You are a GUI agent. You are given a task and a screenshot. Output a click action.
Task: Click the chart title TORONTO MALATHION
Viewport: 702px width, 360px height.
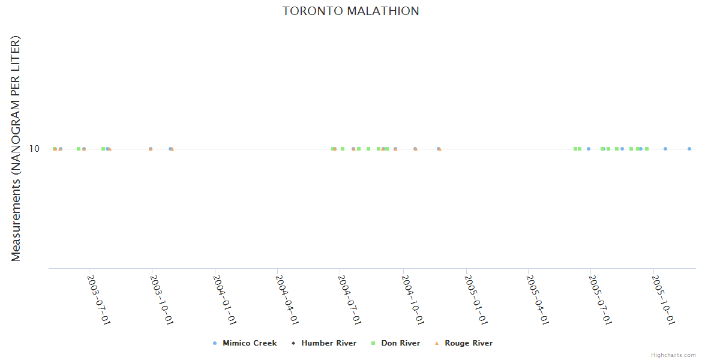[x=350, y=11]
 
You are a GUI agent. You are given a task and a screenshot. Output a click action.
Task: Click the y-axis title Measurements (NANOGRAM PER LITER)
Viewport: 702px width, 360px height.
[x=16, y=148]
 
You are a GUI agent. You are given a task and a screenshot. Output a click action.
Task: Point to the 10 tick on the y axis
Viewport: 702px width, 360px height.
[x=35, y=149]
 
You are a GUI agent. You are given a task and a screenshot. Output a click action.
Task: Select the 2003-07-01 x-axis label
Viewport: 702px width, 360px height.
[x=97, y=300]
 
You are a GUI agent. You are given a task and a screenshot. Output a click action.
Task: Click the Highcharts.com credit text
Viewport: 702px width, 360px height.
[x=673, y=355]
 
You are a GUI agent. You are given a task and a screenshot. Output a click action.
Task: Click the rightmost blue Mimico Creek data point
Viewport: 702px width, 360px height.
[x=689, y=149]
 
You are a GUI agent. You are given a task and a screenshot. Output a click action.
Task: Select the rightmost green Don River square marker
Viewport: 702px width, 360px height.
[x=647, y=149]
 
